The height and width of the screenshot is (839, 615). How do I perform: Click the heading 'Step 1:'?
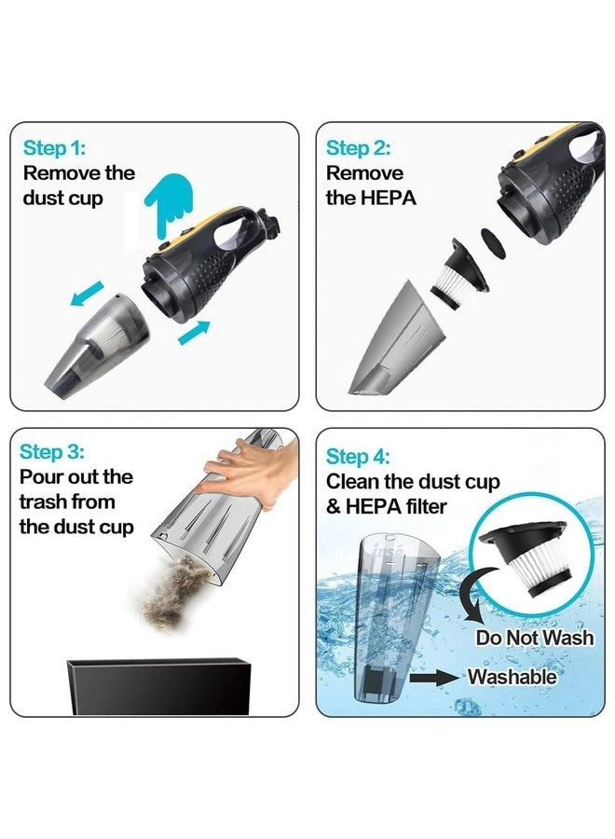pyautogui.click(x=54, y=147)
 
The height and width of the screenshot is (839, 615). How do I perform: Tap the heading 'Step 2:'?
pyautogui.click(x=358, y=147)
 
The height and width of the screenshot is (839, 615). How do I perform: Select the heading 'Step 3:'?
pyautogui.click(x=52, y=451)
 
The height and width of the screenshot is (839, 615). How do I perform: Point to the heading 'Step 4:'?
pyautogui.click(x=358, y=457)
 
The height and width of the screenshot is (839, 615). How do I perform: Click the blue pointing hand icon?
pyautogui.click(x=169, y=203)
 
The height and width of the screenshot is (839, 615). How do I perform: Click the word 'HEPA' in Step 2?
pyautogui.click(x=389, y=198)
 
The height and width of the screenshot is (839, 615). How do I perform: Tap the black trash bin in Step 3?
pyautogui.click(x=158, y=686)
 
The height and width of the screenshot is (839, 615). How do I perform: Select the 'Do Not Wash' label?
pyautogui.click(x=534, y=638)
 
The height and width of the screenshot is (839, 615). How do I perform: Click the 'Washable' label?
pyautogui.click(x=512, y=677)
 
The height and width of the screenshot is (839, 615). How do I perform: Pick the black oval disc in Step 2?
pyautogui.click(x=493, y=243)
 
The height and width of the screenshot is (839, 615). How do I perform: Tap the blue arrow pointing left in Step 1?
pyautogui.click(x=87, y=294)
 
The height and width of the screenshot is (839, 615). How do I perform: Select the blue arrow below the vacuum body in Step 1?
pyautogui.click(x=194, y=333)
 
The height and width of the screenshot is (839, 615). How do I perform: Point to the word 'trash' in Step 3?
pyautogui.click(x=44, y=502)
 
